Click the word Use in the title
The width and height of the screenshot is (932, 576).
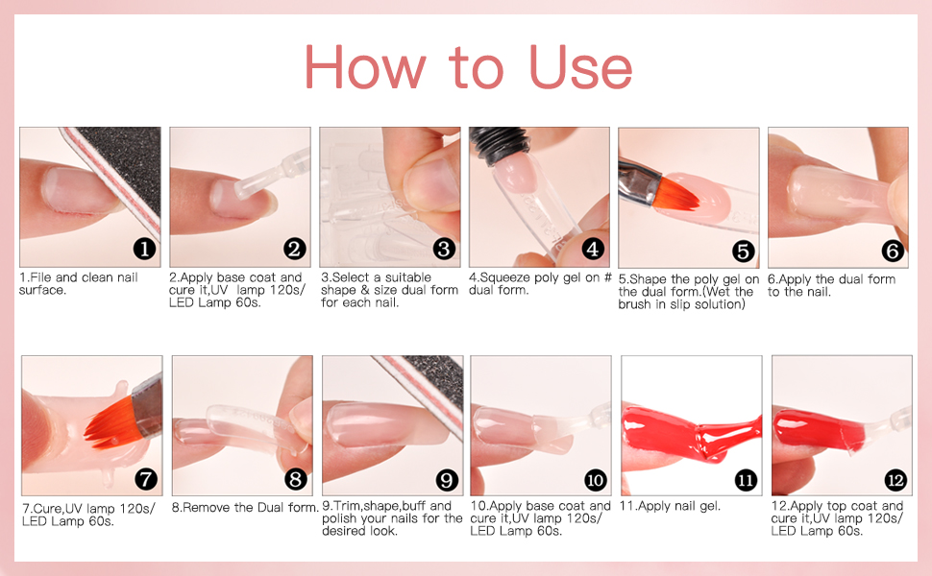(580, 67)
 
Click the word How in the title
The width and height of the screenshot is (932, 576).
(365, 67)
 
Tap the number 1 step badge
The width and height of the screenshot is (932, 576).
(144, 250)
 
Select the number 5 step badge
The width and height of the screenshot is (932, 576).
(743, 251)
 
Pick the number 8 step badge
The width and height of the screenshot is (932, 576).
(295, 479)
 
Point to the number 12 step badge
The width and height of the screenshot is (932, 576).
(895, 480)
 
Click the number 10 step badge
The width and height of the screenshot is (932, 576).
(595, 480)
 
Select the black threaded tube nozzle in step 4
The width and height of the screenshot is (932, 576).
(500, 147)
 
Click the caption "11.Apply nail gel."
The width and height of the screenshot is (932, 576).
(670, 507)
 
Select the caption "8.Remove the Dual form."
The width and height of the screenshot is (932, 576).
(245, 508)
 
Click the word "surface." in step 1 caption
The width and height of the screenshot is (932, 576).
(42, 290)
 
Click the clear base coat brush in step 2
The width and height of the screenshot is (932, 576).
(270, 176)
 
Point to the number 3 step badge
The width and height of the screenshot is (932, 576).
(444, 249)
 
